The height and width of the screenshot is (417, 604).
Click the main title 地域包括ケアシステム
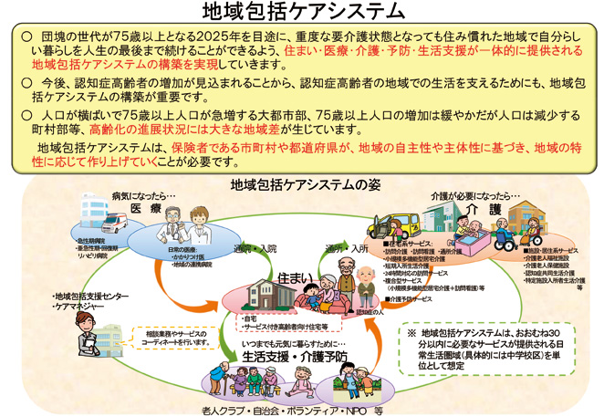pos(301,12)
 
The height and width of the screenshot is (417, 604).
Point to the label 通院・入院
pos(256,248)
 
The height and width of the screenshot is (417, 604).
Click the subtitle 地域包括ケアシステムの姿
pos(301,186)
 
